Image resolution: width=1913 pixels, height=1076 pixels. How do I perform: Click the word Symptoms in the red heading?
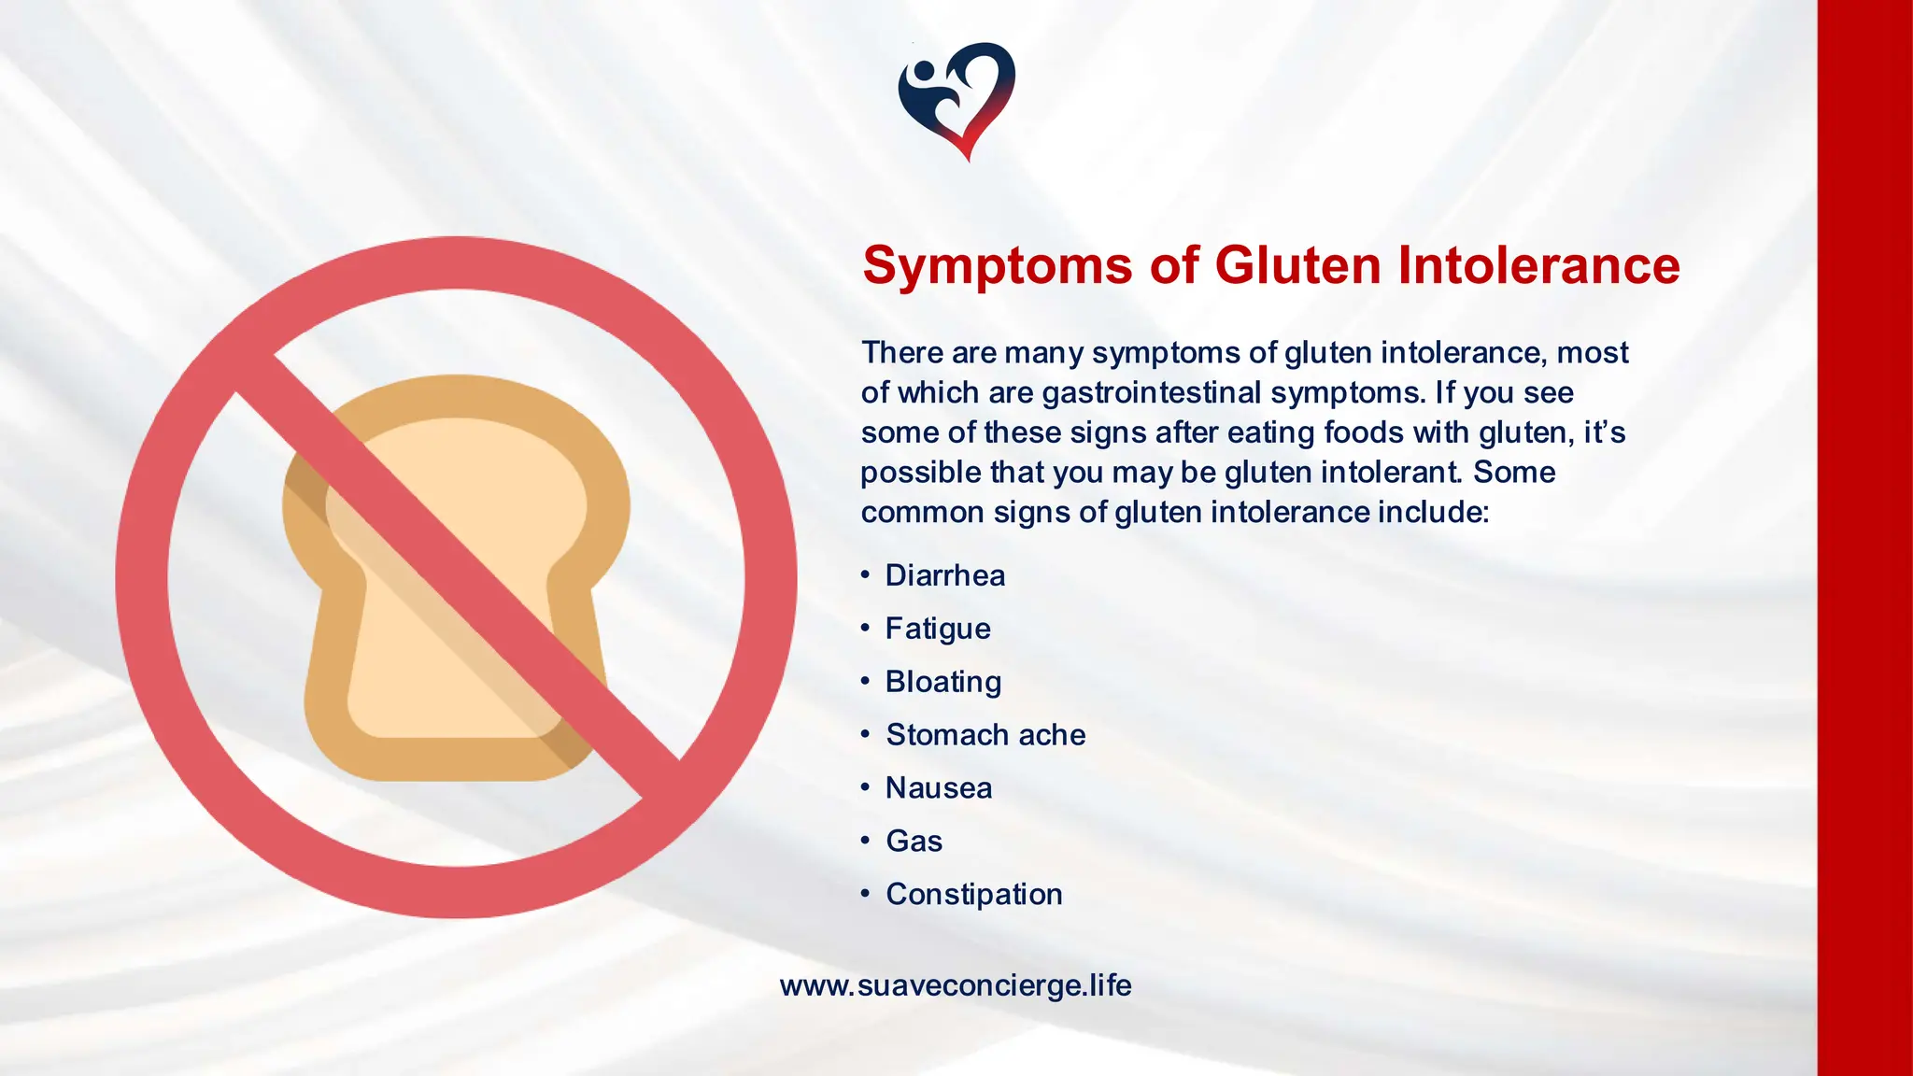[x=998, y=265]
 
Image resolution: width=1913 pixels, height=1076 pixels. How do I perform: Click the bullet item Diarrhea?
[x=944, y=575]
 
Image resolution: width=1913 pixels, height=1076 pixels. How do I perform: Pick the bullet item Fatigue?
[x=938, y=629]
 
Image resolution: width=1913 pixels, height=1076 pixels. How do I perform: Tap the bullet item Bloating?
[x=943, y=682]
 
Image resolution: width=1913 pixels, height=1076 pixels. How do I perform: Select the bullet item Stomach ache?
[x=985, y=735]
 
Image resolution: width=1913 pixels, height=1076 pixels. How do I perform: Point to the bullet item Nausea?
[x=939, y=788]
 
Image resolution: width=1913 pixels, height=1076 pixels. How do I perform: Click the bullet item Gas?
[x=914, y=842]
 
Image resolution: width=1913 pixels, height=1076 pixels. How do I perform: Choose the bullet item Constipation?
[x=974, y=895]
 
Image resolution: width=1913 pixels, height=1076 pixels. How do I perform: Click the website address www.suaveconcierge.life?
[x=956, y=985]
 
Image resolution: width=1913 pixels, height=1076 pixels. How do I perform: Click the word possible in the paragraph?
[x=921, y=473]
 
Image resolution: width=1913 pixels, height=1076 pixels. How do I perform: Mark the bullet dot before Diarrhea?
[x=865, y=573]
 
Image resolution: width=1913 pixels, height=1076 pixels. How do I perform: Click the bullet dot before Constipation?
[x=865, y=893]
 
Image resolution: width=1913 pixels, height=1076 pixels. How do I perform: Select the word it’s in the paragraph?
[x=1605, y=432]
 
